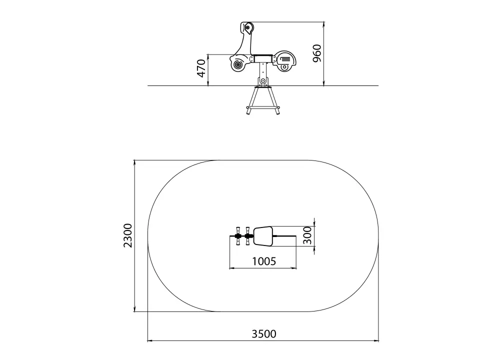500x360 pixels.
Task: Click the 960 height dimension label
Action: click(317, 53)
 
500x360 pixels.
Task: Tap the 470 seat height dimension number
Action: click(201, 68)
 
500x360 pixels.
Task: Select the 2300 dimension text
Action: click(128, 235)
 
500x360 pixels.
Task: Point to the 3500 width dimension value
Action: click(263, 334)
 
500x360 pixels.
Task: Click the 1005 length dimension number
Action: click(263, 261)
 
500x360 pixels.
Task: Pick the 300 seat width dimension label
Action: click(307, 235)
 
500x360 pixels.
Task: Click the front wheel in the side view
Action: click(238, 65)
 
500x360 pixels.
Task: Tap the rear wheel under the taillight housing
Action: click(284, 67)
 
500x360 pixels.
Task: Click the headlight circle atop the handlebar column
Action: click(247, 28)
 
